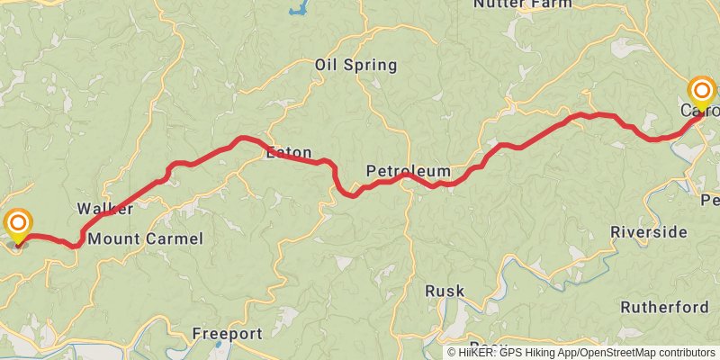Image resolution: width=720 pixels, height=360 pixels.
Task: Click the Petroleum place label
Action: click(x=408, y=171)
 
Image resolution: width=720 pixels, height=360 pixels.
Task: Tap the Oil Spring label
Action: click(x=355, y=65)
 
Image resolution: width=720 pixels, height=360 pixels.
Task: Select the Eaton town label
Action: click(x=288, y=153)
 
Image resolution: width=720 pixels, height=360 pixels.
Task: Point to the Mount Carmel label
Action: click(x=146, y=238)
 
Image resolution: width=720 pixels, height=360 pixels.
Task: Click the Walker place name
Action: click(x=105, y=209)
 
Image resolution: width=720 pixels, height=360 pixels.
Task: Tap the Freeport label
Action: click(x=226, y=334)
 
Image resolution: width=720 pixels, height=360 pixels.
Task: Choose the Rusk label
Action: click(x=445, y=291)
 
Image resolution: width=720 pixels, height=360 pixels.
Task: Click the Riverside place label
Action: click(x=648, y=232)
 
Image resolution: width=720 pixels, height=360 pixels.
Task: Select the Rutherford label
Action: click(x=664, y=307)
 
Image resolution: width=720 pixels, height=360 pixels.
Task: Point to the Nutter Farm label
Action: click(x=522, y=4)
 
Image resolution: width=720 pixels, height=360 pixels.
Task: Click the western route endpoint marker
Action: click(x=17, y=224)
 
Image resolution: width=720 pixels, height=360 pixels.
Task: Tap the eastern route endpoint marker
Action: click(x=701, y=92)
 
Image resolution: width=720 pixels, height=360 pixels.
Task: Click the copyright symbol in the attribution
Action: click(x=452, y=352)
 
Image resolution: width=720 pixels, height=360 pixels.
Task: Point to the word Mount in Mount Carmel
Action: click(x=112, y=238)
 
